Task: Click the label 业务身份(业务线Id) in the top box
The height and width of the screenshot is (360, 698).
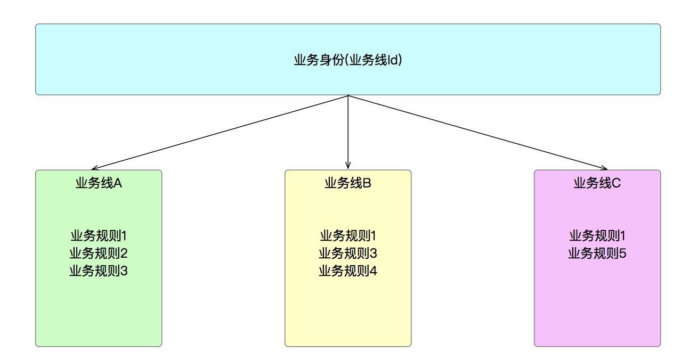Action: click(x=348, y=60)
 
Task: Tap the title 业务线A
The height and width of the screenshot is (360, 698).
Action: click(x=99, y=183)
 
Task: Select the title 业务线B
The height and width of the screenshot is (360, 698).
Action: click(x=348, y=183)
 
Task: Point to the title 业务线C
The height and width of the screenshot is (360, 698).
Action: click(x=597, y=183)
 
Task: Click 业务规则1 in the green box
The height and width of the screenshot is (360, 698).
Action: click(x=99, y=235)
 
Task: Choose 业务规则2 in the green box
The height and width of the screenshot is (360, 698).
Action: click(x=99, y=253)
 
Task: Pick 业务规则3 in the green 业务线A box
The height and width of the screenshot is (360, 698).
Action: click(x=99, y=271)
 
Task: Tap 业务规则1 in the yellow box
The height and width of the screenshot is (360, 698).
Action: click(x=348, y=235)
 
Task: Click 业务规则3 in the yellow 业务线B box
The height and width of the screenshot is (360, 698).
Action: click(x=348, y=253)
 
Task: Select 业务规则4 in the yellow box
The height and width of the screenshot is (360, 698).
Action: click(x=348, y=271)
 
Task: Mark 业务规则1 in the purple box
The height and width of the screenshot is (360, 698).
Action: click(x=597, y=235)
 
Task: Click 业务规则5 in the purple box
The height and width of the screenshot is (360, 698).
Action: click(x=597, y=253)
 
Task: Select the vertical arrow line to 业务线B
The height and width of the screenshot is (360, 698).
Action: click(x=348, y=133)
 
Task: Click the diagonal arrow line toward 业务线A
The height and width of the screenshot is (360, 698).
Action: click(x=220, y=133)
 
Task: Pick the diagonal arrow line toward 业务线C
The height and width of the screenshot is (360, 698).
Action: click(x=478, y=133)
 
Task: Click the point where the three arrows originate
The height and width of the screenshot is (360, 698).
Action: click(x=348, y=95)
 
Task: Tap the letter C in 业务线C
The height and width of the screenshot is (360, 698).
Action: click(x=616, y=183)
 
